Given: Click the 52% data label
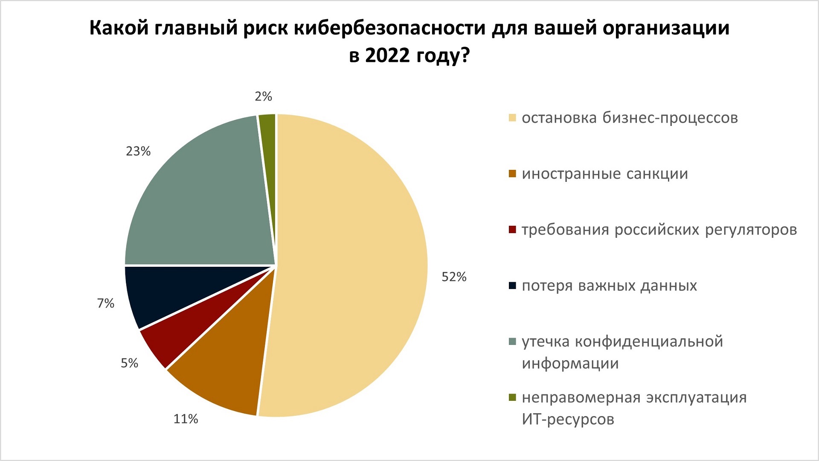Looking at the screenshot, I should pos(454,277).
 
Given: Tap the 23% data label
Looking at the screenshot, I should pos(138,151).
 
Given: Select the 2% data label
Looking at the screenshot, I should pos(263,96).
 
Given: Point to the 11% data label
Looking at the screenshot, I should pos(186,419).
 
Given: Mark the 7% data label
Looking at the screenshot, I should pos(106,303).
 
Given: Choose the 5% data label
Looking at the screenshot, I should pos(129,363).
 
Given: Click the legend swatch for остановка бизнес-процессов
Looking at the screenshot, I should pos(512,118).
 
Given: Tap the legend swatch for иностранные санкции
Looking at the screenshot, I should pos(512,174).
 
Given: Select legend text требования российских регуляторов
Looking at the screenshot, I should pos(659,230).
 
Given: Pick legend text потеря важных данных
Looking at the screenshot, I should pos(609,286).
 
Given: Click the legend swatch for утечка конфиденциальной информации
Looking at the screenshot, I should pos(512,341).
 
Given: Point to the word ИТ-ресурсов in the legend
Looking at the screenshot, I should pos(568,419).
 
